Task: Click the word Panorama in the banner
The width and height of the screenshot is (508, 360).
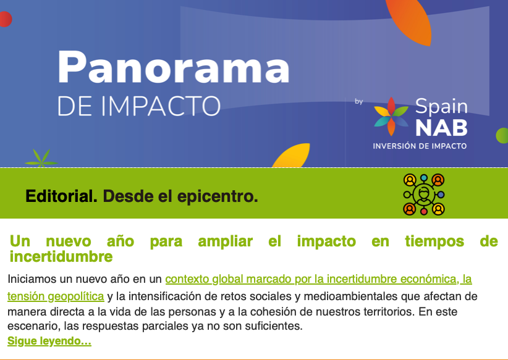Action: pyautogui.click(x=173, y=67)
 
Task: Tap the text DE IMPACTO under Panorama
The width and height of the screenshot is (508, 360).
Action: pyautogui.click(x=138, y=106)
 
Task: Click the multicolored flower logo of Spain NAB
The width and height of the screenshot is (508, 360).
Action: pyautogui.click(x=391, y=116)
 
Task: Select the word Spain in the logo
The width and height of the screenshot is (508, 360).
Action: pyautogui.click(x=441, y=106)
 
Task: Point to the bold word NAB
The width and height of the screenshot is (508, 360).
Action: pyautogui.click(x=441, y=127)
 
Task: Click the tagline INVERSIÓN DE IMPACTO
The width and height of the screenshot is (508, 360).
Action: pyautogui.click(x=420, y=146)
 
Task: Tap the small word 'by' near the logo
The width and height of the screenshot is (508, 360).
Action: pyautogui.click(x=359, y=102)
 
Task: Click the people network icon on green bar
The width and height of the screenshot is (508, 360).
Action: pyautogui.click(x=424, y=194)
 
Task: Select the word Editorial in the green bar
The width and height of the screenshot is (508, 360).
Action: pyautogui.click(x=61, y=197)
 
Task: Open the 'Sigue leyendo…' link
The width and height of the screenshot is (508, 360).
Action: pyautogui.click(x=49, y=341)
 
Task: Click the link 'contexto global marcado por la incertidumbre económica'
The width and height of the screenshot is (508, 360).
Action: pyautogui.click(x=318, y=279)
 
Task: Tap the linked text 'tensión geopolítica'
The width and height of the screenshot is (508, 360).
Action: pyautogui.click(x=56, y=296)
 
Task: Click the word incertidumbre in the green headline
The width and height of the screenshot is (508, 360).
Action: pyautogui.click(x=61, y=256)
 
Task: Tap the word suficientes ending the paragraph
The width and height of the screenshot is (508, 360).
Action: pyautogui.click(x=272, y=325)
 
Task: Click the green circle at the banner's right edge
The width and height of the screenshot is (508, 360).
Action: pyautogui.click(x=502, y=135)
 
